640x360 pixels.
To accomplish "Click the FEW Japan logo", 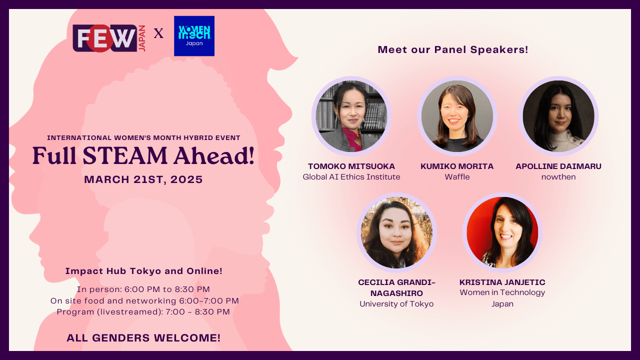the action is click(109, 38).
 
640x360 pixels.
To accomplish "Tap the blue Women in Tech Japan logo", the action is click(194, 36).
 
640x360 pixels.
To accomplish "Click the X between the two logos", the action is click(158, 33).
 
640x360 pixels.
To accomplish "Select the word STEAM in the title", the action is click(125, 156).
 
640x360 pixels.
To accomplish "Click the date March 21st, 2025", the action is click(143, 179).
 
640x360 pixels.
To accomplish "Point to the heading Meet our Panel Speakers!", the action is click(453, 49).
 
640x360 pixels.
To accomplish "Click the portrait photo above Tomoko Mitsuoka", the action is click(351, 116).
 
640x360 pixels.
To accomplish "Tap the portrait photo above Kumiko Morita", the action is click(457, 116).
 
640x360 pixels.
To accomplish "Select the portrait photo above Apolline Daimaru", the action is click(558, 116).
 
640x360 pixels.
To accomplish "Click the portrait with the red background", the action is click(502, 232).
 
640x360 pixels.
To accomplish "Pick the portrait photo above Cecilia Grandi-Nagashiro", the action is click(396, 232).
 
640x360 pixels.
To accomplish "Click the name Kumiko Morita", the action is click(457, 166).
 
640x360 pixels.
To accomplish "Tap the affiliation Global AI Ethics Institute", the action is click(351, 177).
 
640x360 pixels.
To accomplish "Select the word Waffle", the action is click(457, 177).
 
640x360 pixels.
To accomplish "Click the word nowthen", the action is click(558, 177).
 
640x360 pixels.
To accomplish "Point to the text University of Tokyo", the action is click(396, 304).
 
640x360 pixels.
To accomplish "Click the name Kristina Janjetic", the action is click(502, 282).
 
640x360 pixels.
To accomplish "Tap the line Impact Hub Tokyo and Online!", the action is click(143, 271).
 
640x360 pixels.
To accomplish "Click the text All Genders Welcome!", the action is click(143, 338).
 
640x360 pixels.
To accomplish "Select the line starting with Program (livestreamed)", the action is click(143, 312).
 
